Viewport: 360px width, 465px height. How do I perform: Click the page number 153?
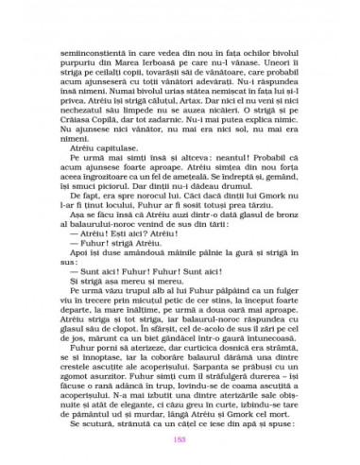[x=179, y=438]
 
